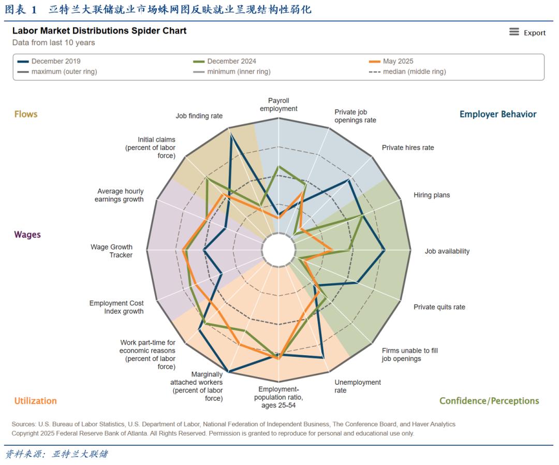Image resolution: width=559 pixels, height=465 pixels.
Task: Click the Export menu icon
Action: [x=514, y=32]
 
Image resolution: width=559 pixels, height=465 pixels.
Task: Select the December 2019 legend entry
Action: [x=49, y=61]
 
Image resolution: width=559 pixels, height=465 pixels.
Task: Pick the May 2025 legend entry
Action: [x=391, y=61]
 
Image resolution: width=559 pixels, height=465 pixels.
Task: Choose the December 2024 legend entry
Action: [x=225, y=61]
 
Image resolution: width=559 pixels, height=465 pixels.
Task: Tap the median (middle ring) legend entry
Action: [x=407, y=71]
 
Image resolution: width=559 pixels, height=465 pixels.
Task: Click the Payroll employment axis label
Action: [x=278, y=105]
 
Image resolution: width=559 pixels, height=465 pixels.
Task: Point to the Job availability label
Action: [x=447, y=251]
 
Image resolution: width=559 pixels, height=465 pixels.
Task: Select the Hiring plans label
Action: [x=432, y=195]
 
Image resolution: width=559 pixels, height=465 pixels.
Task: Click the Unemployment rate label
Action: [x=358, y=386]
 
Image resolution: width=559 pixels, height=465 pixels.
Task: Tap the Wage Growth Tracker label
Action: [x=112, y=251]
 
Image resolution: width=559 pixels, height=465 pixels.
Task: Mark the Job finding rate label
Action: [x=199, y=116]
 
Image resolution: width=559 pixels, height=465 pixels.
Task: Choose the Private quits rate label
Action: [x=439, y=307]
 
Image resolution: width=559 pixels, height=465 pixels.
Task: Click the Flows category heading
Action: [x=26, y=114]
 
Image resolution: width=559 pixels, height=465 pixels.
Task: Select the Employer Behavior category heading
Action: [x=498, y=114]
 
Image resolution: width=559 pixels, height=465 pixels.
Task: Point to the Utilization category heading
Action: [x=35, y=401]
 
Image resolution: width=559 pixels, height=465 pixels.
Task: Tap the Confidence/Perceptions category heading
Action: [x=489, y=401]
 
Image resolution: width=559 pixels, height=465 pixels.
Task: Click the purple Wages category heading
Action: [x=27, y=235]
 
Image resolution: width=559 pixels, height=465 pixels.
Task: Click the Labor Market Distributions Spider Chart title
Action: [x=99, y=31]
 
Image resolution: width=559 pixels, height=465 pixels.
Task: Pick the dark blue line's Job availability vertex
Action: [x=385, y=250]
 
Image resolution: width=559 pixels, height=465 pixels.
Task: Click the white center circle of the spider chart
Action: [x=279, y=250]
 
